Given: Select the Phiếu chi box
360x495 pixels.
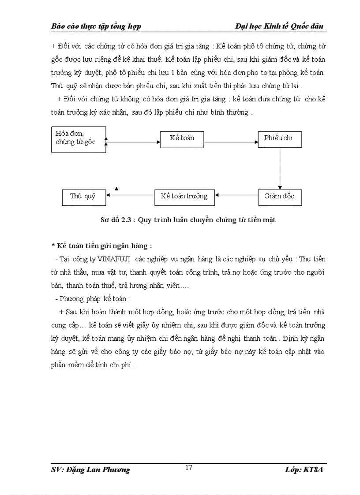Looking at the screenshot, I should tap(280, 139).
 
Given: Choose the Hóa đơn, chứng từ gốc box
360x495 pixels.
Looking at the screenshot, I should tap(79, 139).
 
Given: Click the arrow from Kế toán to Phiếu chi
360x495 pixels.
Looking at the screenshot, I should tap(231, 142).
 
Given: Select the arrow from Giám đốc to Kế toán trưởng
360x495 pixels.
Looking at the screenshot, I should tap(236, 195).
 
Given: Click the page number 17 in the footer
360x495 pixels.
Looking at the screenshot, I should tap(189, 468).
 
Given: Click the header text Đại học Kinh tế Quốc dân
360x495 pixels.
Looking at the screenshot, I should tap(279, 26).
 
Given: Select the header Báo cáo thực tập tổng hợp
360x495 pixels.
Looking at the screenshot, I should tap(96, 26).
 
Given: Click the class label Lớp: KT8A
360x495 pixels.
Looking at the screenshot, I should tap(304, 470).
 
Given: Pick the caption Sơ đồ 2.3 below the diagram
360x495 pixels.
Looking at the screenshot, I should tap(187, 220).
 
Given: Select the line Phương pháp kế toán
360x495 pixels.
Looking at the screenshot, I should tap(93, 299).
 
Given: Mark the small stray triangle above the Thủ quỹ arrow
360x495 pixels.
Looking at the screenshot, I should tap(116, 189).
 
